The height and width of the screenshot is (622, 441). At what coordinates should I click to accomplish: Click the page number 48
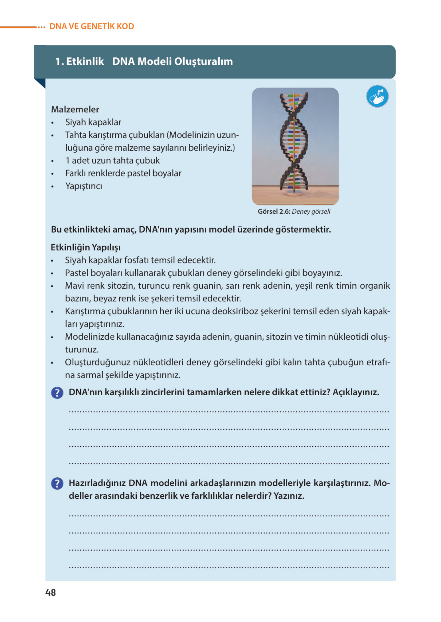click(51, 592)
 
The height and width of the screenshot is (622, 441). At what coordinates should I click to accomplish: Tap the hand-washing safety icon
click(377, 96)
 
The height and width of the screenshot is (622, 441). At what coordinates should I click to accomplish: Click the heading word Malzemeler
click(75, 110)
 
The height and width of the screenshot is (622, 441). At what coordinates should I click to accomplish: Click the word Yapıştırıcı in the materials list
click(84, 186)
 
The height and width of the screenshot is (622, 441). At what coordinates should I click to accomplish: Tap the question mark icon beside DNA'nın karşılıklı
click(57, 393)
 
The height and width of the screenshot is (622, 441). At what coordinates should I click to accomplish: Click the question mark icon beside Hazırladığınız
click(57, 484)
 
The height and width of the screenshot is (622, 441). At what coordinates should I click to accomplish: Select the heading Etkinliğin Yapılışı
click(86, 247)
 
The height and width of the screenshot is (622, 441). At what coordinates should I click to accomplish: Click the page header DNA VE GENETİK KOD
click(91, 26)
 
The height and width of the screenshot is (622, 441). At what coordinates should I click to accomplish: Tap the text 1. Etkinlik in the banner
click(79, 61)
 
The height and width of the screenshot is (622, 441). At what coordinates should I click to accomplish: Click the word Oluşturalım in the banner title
click(203, 61)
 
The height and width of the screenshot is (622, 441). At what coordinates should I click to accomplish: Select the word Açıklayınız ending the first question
click(356, 392)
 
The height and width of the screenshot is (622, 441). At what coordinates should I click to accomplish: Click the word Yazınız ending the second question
click(289, 496)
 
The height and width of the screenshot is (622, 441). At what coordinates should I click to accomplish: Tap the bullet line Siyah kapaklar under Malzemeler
click(93, 122)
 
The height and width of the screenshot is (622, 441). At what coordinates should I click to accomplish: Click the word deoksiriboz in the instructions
click(235, 311)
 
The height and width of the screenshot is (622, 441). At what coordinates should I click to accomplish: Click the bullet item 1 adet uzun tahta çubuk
click(112, 161)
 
